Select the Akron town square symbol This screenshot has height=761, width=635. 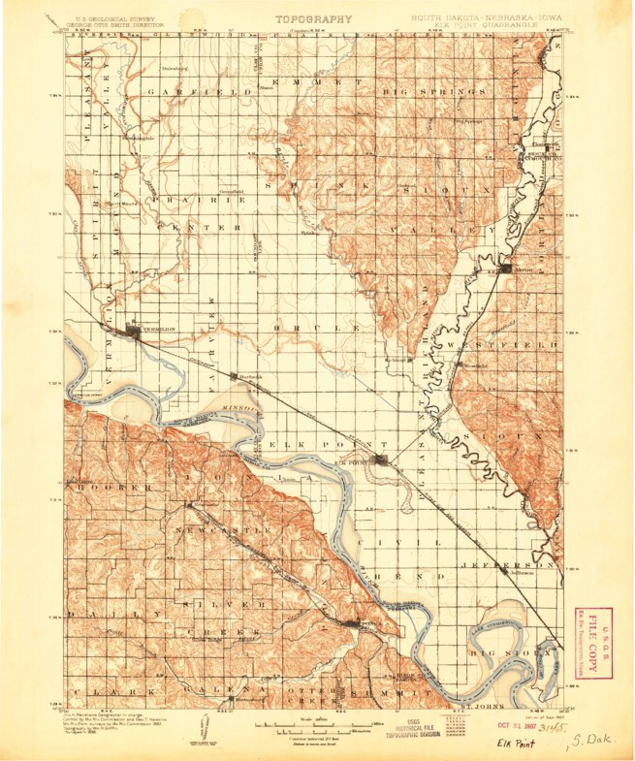[506, 268]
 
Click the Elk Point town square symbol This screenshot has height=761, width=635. [385, 460]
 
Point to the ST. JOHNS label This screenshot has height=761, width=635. [477, 704]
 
